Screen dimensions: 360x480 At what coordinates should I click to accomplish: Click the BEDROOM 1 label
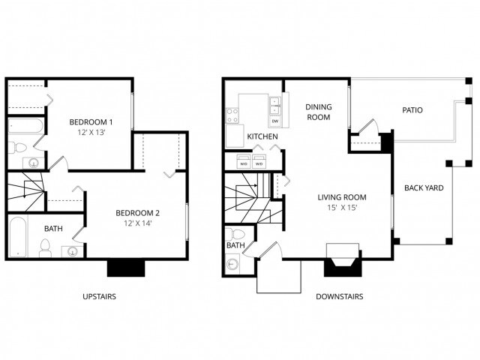click(x=91, y=122)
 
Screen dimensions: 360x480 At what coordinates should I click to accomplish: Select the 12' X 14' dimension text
click(x=142, y=223)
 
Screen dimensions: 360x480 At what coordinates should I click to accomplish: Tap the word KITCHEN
click(x=262, y=136)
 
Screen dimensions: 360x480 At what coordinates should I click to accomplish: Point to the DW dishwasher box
click(x=275, y=121)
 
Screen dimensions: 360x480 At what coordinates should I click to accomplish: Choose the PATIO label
click(x=412, y=110)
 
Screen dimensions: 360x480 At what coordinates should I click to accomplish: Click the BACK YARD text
click(x=424, y=187)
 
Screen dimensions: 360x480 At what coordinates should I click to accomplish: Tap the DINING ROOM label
click(x=318, y=112)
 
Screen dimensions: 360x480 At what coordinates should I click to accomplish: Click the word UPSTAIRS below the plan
click(x=99, y=297)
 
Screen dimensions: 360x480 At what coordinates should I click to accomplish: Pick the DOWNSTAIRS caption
click(x=340, y=297)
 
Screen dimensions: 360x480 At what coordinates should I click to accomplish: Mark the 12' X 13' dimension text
click(x=91, y=133)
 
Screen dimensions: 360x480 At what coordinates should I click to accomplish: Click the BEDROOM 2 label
click(x=142, y=213)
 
